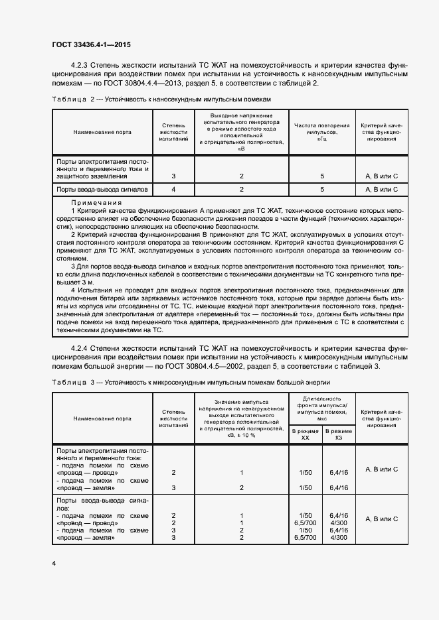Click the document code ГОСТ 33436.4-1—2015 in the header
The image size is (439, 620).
click(91, 44)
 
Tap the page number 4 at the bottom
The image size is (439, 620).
click(53, 562)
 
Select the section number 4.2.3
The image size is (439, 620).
click(83, 66)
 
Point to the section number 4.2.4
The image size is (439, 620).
click(83, 348)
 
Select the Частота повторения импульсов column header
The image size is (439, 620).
click(321, 131)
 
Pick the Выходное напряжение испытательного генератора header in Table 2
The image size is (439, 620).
click(241, 131)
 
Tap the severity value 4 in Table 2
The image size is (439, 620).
click(173, 190)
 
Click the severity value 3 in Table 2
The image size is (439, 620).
click(173, 176)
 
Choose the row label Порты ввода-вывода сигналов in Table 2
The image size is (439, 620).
click(102, 190)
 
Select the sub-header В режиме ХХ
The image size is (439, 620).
click(306, 434)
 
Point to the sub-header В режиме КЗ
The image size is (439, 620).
click(339, 434)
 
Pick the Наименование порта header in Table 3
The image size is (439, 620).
click(102, 418)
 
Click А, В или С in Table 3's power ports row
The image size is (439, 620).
click(381, 469)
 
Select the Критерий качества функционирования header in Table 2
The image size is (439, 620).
click(381, 131)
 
